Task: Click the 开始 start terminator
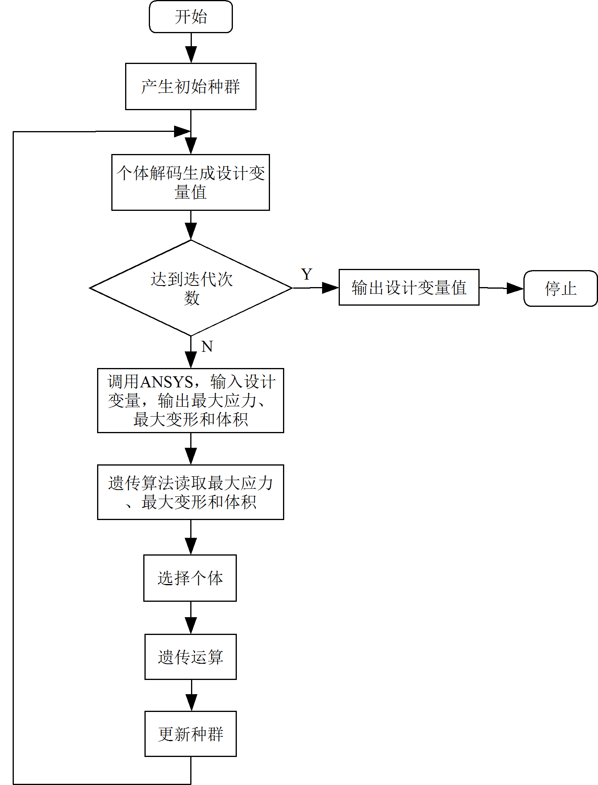[191, 17]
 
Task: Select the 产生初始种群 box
[191, 86]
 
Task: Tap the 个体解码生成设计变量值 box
[191, 182]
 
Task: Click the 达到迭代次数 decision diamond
[191, 288]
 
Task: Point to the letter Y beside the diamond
[307, 274]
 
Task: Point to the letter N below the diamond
[207, 347]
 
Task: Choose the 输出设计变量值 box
[409, 287]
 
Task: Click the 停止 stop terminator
[561, 288]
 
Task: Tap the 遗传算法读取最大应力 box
[191, 492]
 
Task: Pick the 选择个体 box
[190, 578]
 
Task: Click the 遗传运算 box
[191, 657]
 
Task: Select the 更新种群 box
[191, 734]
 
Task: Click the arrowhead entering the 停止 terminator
[515, 288]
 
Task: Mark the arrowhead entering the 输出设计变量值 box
[330, 288]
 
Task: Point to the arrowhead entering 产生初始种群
[191, 54]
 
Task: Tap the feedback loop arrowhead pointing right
[182, 131]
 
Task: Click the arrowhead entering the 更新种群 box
[191, 703]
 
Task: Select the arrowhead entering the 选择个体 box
[191, 546]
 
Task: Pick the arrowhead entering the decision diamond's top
[191, 231]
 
